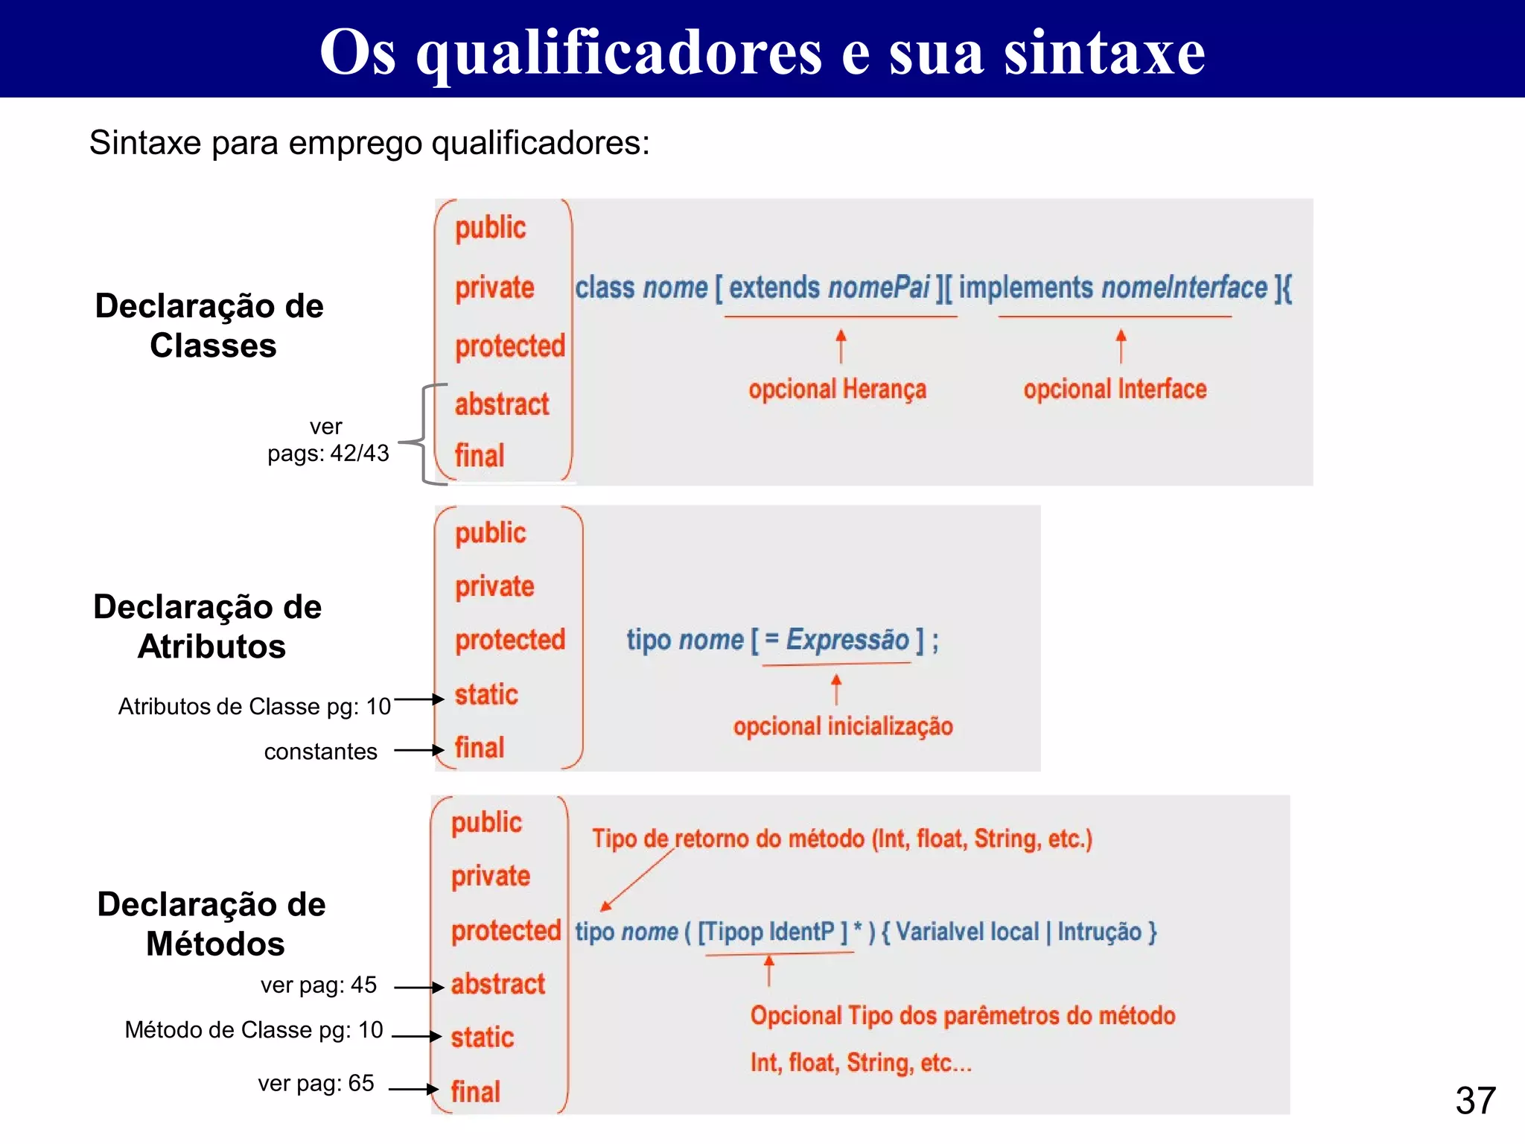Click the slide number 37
click(1475, 1100)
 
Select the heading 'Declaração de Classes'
click(210, 325)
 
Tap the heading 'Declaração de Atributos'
click(208, 626)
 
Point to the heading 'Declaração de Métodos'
click(212, 924)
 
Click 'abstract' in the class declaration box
click(501, 404)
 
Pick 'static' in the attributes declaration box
click(486, 694)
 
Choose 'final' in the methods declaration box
click(475, 1092)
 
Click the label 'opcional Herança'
click(837, 389)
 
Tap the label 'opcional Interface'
click(1115, 389)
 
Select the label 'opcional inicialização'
click(842, 726)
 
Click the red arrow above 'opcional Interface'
click(1121, 346)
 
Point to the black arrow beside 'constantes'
click(419, 750)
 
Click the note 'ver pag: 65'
click(316, 1083)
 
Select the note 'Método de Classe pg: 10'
click(253, 1030)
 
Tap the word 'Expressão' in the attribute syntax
click(847, 640)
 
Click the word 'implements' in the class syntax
click(1025, 287)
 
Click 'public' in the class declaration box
click(490, 228)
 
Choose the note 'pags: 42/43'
click(328, 453)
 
